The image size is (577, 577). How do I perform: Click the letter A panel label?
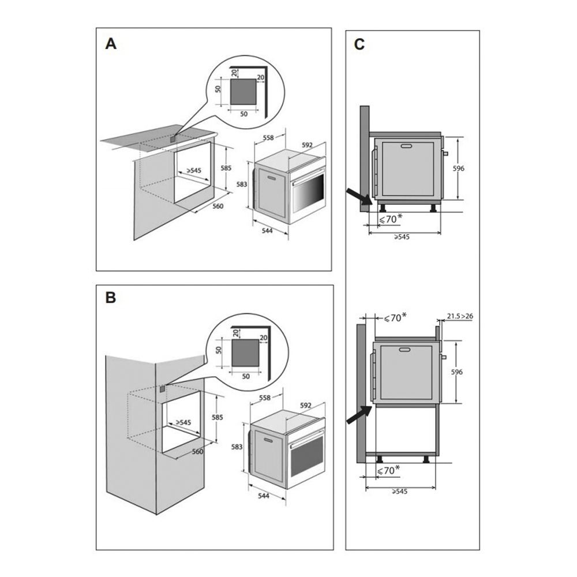pyautogui.click(x=110, y=44)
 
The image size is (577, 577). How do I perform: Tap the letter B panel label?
pyautogui.click(x=111, y=298)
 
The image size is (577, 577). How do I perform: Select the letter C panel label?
pyautogui.click(x=359, y=44)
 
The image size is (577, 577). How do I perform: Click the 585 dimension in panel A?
pyautogui.click(x=226, y=168)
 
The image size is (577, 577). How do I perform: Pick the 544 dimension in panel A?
pyautogui.click(x=267, y=231)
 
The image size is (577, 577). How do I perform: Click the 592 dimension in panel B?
pyautogui.click(x=306, y=405)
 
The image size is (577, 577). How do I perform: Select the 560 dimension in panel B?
pyautogui.click(x=198, y=452)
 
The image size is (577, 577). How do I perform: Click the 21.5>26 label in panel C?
pyautogui.click(x=460, y=316)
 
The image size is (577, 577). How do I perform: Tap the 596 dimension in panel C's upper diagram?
pyautogui.click(x=459, y=168)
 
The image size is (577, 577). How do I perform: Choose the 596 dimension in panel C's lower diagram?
pyautogui.click(x=457, y=372)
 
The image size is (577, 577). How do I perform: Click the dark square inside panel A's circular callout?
pyautogui.click(x=243, y=92)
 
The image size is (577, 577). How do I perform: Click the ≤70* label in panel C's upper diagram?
pyautogui.click(x=389, y=219)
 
